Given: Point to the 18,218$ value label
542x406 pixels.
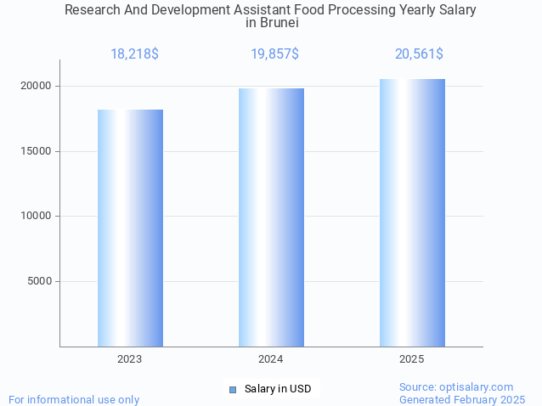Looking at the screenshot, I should (x=134, y=54).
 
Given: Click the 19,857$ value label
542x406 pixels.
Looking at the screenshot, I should (x=274, y=54).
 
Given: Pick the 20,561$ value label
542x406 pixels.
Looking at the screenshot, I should (x=419, y=54).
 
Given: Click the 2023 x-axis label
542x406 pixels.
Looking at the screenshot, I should (x=130, y=359).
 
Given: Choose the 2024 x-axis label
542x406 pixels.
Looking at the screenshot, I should (x=271, y=359).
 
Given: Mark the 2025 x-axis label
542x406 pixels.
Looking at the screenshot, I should (x=412, y=359).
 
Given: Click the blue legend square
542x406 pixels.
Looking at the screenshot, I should (x=233, y=389).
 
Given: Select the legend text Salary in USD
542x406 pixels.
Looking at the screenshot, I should (x=278, y=389).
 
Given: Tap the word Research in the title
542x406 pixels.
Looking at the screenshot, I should (x=92, y=10).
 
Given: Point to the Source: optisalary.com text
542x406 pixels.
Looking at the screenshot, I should (x=456, y=386).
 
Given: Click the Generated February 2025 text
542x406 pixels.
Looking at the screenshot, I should (x=462, y=399).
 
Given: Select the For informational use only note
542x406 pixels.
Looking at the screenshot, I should (x=74, y=399).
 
